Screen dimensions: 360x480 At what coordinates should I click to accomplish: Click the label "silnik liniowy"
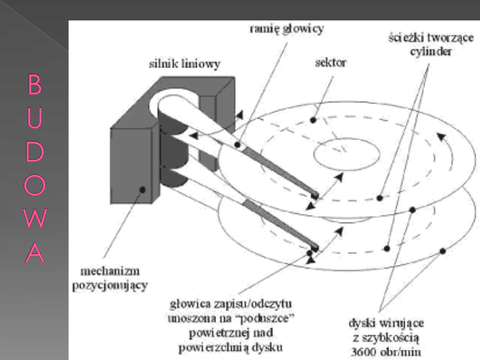coord(184,64)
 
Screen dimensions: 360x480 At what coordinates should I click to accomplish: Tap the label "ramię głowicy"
coord(287,29)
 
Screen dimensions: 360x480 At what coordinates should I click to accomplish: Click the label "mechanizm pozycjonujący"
coord(110,278)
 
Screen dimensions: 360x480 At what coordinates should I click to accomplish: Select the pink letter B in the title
coord(35,85)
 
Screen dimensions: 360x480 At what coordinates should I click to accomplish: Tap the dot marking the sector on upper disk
coord(313,120)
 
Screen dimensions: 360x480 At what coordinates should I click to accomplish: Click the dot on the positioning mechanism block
coord(142,189)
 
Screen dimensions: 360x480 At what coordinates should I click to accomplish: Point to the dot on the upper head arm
coord(238,145)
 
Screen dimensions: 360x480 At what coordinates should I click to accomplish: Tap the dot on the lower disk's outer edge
coord(442,252)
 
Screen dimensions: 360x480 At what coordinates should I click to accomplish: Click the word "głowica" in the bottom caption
coord(186,305)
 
